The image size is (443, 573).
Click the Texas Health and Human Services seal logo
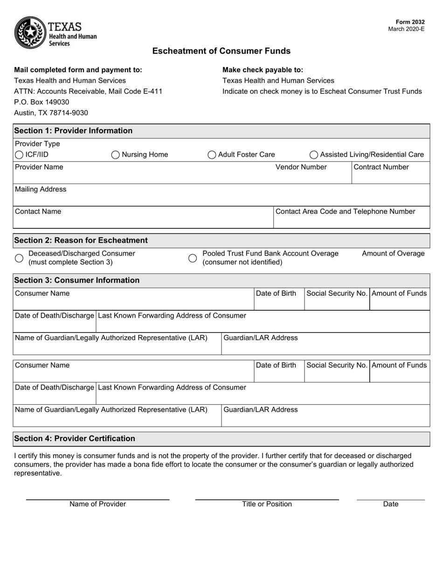point(30,32)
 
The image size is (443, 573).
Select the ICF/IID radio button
point(19,155)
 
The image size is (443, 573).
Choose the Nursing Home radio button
point(115,155)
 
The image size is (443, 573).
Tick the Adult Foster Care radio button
point(212,155)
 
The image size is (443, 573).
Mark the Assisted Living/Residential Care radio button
point(314,155)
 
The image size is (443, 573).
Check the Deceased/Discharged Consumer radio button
point(19,258)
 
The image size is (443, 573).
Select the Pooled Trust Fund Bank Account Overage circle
point(193,258)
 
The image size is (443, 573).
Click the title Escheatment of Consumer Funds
point(221,51)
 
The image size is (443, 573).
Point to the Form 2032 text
point(410,22)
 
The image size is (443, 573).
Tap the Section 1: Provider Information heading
point(73,131)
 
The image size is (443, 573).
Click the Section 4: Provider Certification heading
point(75,439)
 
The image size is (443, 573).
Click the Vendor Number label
point(301,167)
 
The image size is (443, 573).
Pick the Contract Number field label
point(381,167)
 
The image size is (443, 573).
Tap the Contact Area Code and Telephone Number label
point(345,211)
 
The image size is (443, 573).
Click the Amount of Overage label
point(393,253)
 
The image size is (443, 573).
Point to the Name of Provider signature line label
point(97,504)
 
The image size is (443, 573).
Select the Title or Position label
point(267,504)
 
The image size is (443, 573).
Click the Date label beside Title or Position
point(391,504)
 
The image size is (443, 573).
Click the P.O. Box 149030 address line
point(42,102)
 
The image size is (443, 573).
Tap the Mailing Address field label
point(41,190)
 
